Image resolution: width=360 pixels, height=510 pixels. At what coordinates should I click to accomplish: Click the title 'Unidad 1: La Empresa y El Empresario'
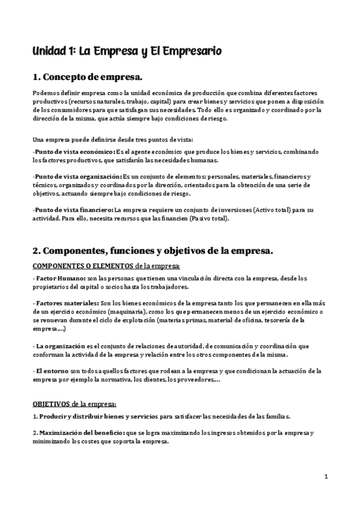point(127,52)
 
